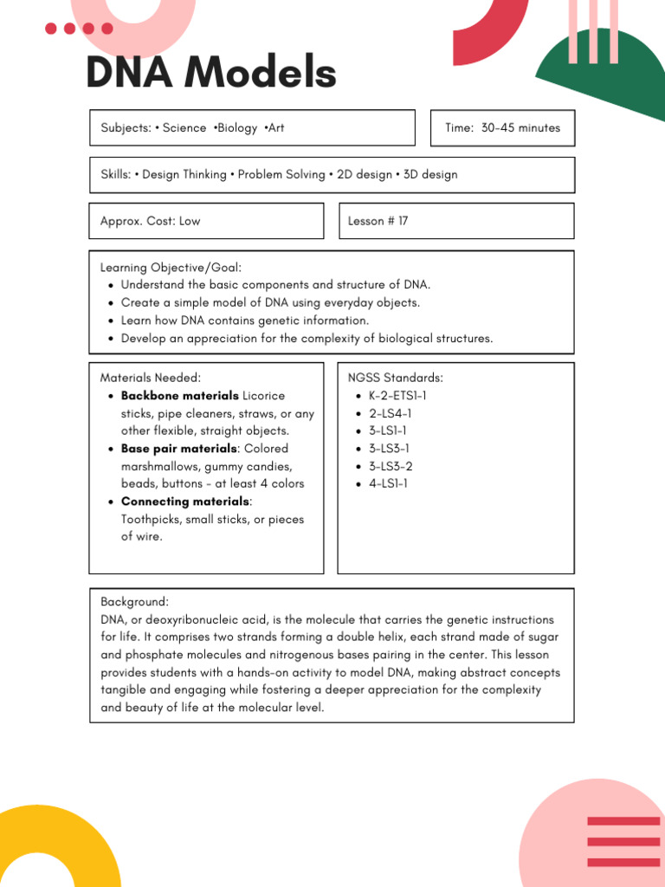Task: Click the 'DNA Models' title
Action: pos(210,73)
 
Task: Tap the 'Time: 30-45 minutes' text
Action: pos(502,128)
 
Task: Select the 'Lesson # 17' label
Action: pos(378,221)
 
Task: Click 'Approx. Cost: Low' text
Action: pos(150,221)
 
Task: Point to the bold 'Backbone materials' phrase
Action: pos(179,396)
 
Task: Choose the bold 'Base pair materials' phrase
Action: pos(178,449)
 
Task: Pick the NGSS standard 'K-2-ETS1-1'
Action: pos(397,396)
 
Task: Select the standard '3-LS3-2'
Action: pos(391,466)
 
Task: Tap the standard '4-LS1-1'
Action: pos(388,483)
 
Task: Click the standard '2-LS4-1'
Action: pos(390,413)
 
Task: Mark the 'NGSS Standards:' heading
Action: pos(395,378)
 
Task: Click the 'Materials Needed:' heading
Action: pos(151,378)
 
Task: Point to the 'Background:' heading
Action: pos(134,601)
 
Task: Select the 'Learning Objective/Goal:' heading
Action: pos(171,268)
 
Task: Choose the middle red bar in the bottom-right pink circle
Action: pos(623,841)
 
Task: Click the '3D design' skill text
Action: pos(430,174)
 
